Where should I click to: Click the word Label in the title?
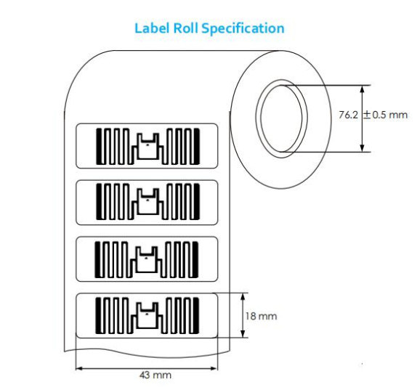pos(152,28)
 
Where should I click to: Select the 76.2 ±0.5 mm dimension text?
pos(373,115)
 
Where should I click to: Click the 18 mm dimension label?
pos(261,316)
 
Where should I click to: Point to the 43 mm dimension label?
pos(155,375)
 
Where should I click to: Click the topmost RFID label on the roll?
pos(147,146)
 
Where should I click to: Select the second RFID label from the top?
pos(147,203)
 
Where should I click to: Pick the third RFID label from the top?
pos(147,259)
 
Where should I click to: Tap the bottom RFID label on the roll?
pos(147,316)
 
